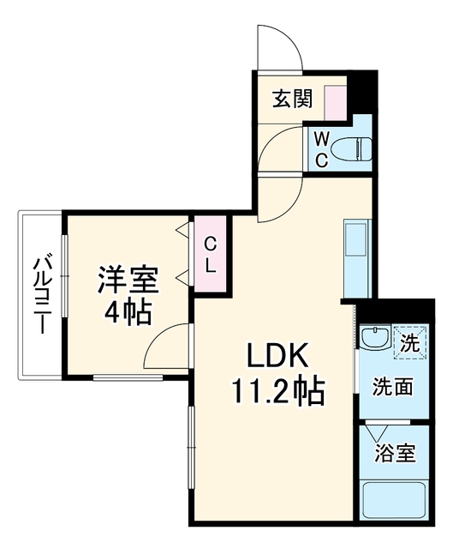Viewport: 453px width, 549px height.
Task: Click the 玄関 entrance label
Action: click(x=292, y=100)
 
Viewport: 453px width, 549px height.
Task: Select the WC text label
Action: click(x=322, y=150)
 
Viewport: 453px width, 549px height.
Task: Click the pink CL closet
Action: click(x=210, y=254)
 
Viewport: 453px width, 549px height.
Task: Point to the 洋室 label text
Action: click(x=128, y=281)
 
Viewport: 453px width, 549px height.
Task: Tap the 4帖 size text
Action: click(x=128, y=312)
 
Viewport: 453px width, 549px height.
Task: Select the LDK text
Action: click(x=278, y=354)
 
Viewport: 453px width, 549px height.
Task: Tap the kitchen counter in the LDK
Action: click(x=357, y=259)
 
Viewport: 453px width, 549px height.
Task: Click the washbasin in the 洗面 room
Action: click(x=376, y=337)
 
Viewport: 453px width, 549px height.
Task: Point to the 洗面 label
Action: click(x=392, y=387)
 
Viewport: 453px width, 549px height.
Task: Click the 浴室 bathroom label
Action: click(x=395, y=453)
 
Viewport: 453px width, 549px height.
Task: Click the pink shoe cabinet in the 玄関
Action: click(x=335, y=104)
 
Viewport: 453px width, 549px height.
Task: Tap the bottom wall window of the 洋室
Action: click(x=128, y=377)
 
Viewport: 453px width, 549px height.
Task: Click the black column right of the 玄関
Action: click(x=364, y=92)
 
